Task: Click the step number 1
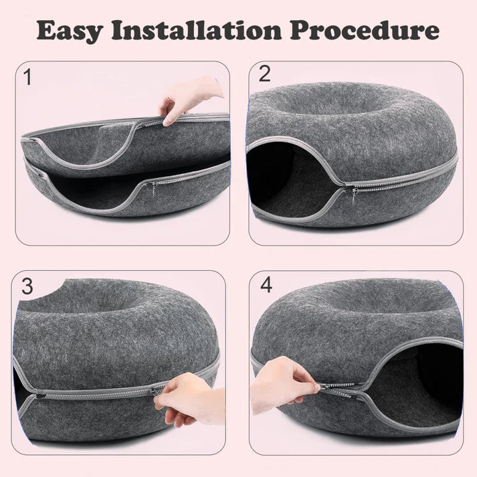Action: pyautogui.click(x=27, y=78)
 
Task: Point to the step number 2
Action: pyautogui.click(x=264, y=74)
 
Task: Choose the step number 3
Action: pyautogui.click(x=27, y=286)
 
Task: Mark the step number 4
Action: pyautogui.click(x=266, y=285)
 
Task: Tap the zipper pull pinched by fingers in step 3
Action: pyautogui.click(x=158, y=390)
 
